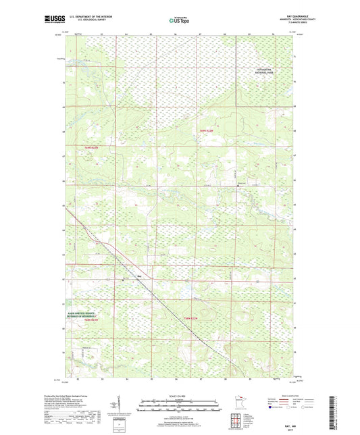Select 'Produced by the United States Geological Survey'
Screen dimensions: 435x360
click(80, 396)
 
